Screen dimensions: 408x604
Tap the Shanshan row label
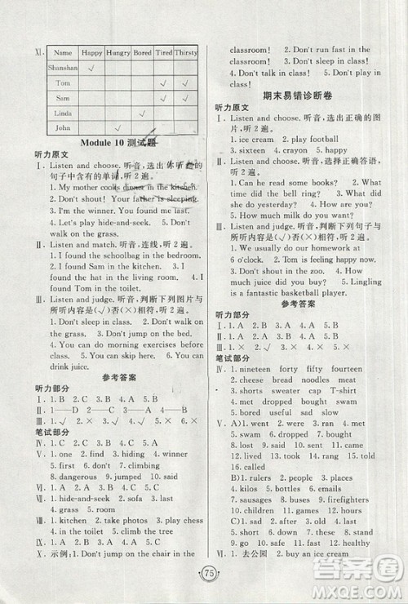pyautogui.click(x=64, y=69)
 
